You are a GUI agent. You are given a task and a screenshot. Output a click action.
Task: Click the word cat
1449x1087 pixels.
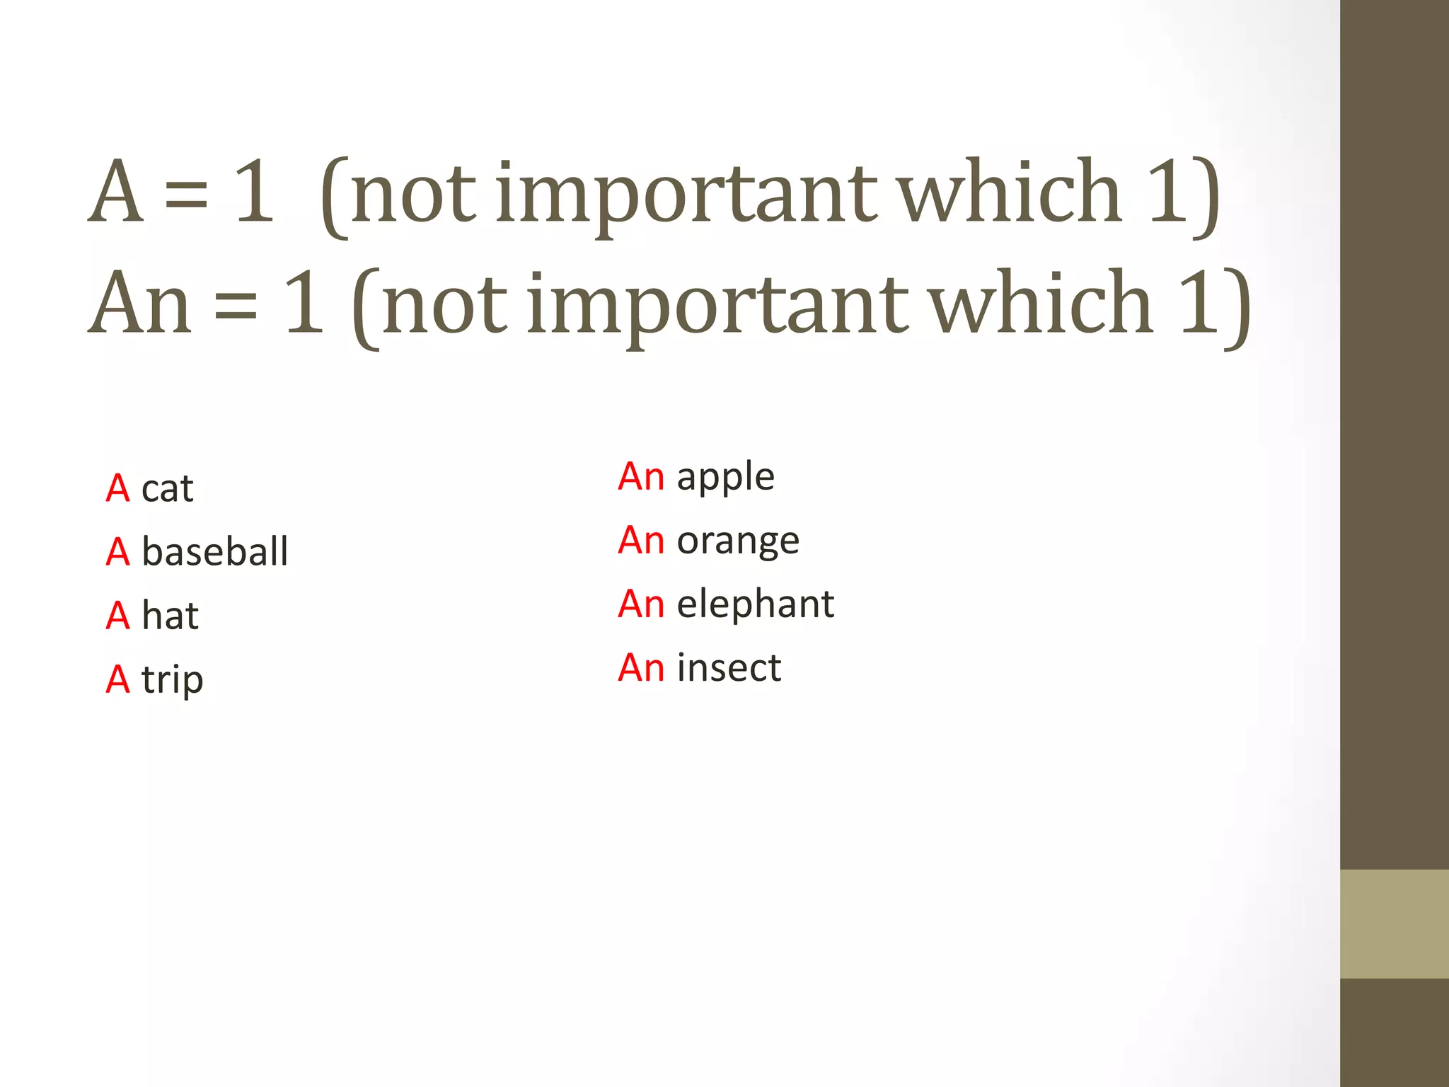coord(167,489)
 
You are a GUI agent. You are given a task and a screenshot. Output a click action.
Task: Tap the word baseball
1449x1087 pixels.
coord(214,552)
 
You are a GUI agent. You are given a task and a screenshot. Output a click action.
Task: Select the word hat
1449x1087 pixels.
coord(170,616)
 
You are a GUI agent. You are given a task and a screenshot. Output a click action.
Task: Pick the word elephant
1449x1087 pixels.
coord(755,604)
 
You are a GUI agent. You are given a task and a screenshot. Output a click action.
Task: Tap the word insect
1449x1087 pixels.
coord(729,668)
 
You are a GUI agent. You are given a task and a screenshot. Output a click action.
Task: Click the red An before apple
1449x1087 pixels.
coord(641,476)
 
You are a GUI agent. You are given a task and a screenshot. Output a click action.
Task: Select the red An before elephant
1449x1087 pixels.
coord(641,604)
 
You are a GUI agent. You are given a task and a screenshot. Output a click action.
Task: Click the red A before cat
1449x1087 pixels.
coord(117,489)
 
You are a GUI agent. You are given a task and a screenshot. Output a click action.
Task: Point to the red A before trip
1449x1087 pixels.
coord(117,680)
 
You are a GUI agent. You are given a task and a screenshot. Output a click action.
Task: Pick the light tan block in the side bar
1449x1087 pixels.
coord(1394,924)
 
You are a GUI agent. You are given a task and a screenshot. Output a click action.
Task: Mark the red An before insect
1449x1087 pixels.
coord(641,668)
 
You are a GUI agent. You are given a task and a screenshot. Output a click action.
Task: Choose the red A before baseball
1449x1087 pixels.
coord(117,552)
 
